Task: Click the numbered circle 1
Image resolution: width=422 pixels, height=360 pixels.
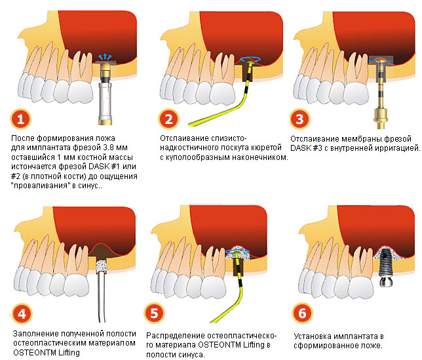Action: pyautogui.click(x=21, y=119)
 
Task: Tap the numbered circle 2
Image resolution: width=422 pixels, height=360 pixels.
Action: pyautogui.click(x=169, y=119)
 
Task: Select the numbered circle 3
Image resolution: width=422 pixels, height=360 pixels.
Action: pyautogui.click(x=300, y=119)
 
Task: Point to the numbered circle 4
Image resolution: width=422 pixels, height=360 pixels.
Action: pyautogui.click(x=22, y=313)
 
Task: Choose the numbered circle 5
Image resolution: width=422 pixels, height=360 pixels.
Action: pyautogui.click(x=154, y=313)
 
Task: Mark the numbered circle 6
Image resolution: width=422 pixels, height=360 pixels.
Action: pyautogui.click(x=302, y=313)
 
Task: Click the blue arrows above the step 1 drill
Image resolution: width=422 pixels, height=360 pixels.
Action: pyautogui.click(x=105, y=56)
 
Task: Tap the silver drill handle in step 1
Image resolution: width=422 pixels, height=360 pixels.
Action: pyautogui.click(x=105, y=102)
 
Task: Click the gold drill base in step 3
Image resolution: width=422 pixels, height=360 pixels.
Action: pyautogui.click(x=381, y=118)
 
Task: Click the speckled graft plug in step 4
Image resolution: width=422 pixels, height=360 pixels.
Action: pyautogui.click(x=102, y=267)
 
